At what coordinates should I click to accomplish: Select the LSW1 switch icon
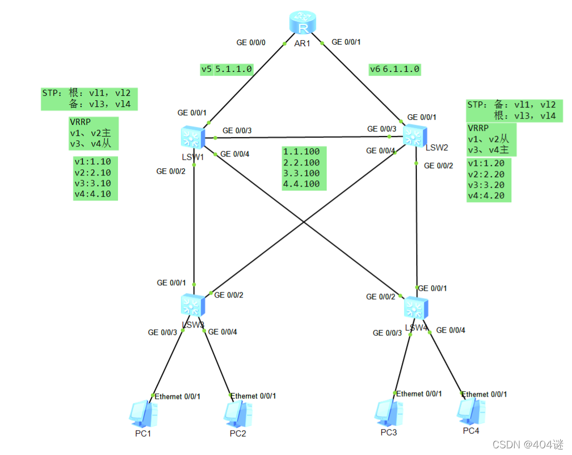click(x=192, y=137)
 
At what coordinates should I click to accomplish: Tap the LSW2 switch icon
click(x=413, y=134)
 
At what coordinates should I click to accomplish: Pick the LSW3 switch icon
click(x=193, y=305)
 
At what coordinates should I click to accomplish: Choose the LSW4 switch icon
click(x=415, y=307)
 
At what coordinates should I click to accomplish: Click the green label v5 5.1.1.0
click(x=227, y=70)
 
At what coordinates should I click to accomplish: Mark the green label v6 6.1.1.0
click(x=395, y=70)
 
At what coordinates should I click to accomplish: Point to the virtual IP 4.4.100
click(x=302, y=184)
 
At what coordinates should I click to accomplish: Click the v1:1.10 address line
click(x=92, y=162)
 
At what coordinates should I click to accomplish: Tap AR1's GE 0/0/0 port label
click(x=252, y=42)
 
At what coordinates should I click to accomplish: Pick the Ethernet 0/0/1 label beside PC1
click(x=177, y=397)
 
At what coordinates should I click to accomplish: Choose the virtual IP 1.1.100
click(x=302, y=151)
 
